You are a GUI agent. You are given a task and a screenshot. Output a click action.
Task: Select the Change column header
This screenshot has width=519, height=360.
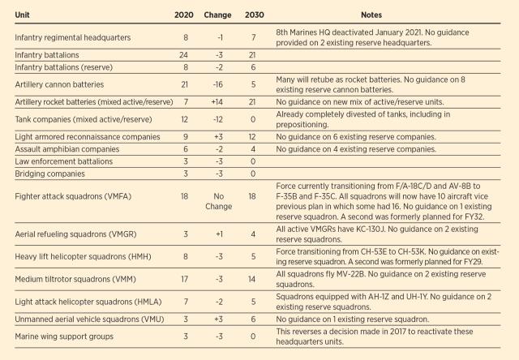click(217, 15)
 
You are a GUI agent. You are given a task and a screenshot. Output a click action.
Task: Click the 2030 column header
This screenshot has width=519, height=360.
click(255, 15)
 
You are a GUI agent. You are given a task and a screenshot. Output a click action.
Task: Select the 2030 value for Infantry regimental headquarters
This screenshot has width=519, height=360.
click(255, 37)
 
